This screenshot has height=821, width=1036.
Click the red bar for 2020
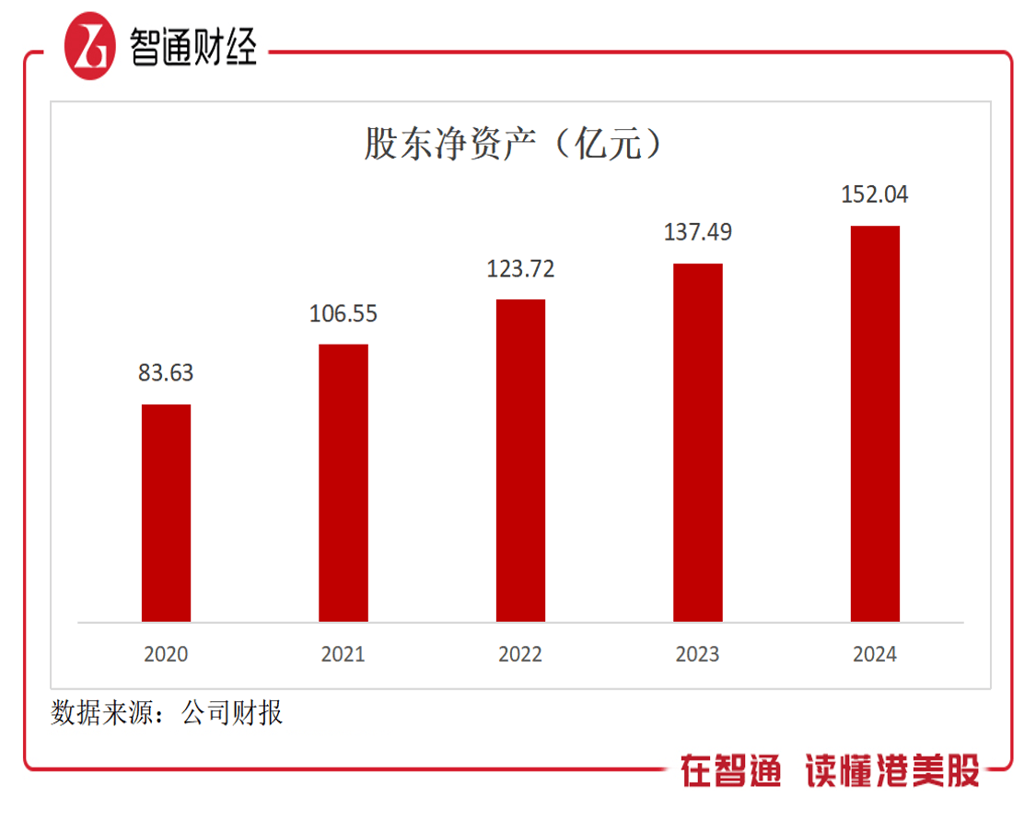point(166,512)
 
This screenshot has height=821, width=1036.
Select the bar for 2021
point(343,483)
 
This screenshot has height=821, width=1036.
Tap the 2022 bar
point(520,460)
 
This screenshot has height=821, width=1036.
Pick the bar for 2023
point(697,442)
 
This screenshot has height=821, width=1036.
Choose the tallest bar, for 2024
point(875,423)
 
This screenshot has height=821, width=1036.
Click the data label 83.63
point(166,373)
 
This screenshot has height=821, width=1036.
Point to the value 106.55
point(343,314)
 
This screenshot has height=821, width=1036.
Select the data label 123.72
point(520,269)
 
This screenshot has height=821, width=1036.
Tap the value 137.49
point(697,232)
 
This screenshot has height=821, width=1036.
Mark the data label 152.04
point(875,194)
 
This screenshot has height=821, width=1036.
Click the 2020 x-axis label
point(166,654)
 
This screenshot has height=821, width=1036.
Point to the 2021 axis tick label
point(343,654)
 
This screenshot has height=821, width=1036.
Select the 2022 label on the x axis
point(520,654)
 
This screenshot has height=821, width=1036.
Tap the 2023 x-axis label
point(697,654)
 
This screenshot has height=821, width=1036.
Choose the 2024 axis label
point(875,654)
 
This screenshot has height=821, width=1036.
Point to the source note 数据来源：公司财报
point(167,712)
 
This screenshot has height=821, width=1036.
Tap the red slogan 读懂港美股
point(892,770)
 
